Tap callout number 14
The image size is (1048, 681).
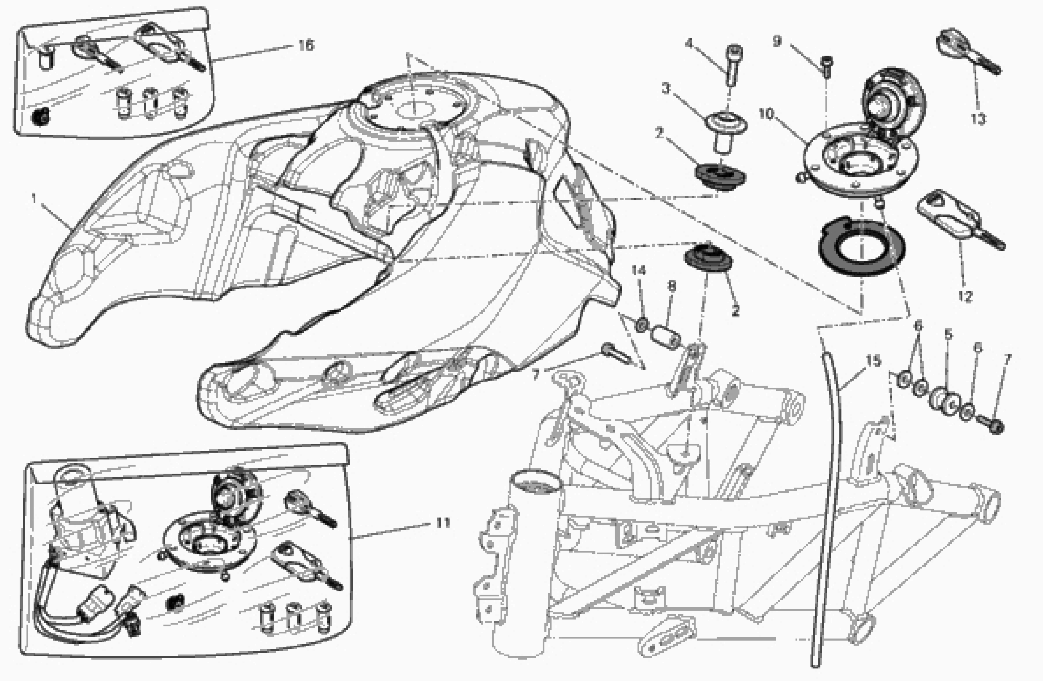(638, 270)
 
